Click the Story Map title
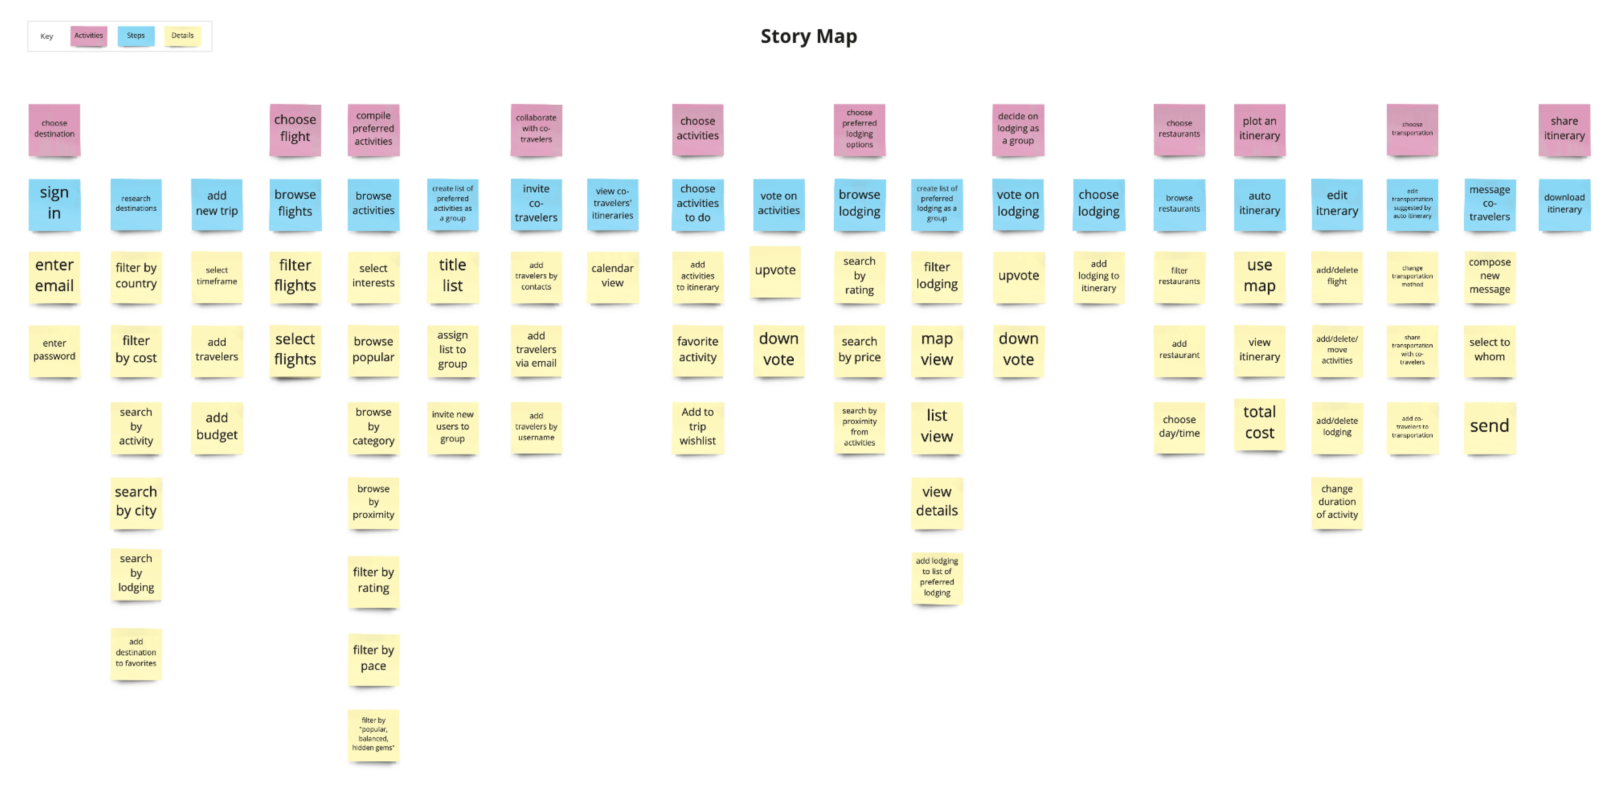[x=808, y=36]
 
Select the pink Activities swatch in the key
[x=89, y=36]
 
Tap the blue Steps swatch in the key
[x=136, y=36]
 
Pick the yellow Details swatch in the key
[x=182, y=36]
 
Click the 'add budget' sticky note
[x=217, y=427]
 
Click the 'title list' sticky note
[x=452, y=276]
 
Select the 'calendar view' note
[x=612, y=276]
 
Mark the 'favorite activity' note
[x=697, y=350]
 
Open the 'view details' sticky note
[x=936, y=501]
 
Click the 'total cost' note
[x=1259, y=423]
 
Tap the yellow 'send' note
[x=1489, y=427]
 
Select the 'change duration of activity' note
[x=1337, y=501]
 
